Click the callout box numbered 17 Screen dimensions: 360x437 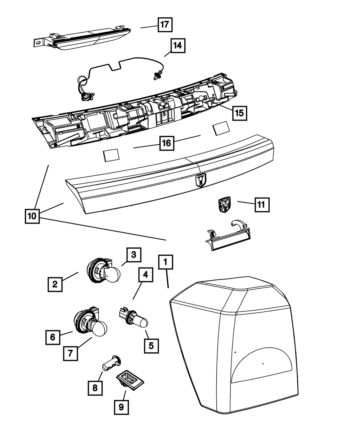(165, 25)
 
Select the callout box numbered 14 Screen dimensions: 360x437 (178, 45)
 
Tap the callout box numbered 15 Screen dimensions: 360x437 (240, 113)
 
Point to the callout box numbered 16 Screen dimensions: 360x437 (167, 143)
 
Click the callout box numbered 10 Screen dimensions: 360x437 (32, 216)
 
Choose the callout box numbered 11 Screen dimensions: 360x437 (262, 205)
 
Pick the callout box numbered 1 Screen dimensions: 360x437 (166, 262)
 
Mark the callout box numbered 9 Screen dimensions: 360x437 (121, 407)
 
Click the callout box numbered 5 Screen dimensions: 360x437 (151, 346)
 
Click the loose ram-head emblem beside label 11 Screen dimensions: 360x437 (225, 204)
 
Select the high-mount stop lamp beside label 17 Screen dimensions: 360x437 (82, 38)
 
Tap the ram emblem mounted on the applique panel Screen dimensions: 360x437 (201, 180)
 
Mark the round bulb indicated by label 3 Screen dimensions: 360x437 (113, 275)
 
